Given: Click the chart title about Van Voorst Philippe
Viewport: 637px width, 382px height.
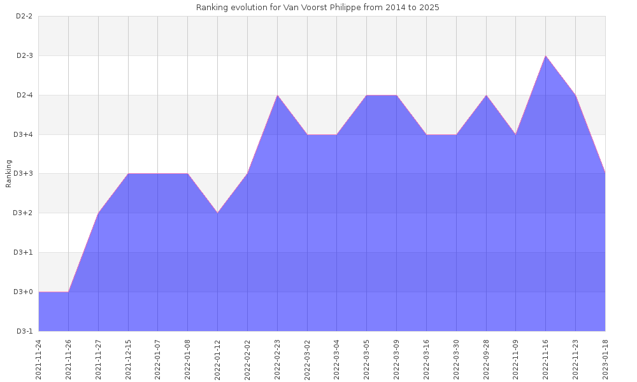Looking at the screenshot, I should (x=318, y=8).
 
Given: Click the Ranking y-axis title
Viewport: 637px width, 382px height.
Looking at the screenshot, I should (x=9, y=173).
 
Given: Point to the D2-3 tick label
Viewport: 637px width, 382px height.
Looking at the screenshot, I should (x=24, y=56).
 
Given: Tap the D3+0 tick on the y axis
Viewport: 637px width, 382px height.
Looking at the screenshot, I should (x=24, y=292).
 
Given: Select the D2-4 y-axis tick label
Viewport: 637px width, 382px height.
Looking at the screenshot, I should (x=24, y=95).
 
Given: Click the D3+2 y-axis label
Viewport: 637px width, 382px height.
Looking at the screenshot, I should (x=24, y=213).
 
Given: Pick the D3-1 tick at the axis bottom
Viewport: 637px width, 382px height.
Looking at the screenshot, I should (x=24, y=331).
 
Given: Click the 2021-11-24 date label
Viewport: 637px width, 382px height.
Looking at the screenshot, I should (x=39, y=359).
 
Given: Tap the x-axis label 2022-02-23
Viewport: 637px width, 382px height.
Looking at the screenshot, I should (x=277, y=359).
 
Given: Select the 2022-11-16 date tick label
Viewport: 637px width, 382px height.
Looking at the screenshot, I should (x=546, y=359).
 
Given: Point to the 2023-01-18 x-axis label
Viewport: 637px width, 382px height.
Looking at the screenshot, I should (x=605, y=359).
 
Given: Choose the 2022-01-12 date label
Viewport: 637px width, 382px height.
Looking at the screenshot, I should (x=218, y=359).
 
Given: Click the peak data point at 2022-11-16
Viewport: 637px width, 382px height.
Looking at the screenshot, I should (x=546, y=56).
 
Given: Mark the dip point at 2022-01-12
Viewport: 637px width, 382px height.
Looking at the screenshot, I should (x=218, y=213).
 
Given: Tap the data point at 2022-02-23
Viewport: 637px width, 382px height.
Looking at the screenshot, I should (x=277, y=95).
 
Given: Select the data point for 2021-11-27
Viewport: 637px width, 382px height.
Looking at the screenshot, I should (x=98, y=213).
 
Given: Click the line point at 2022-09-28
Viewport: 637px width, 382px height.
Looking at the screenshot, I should (x=486, y=95).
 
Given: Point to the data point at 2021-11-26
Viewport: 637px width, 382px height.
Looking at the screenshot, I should (x=68, y=292).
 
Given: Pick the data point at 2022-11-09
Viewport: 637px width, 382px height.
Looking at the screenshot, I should (x=516, y=134).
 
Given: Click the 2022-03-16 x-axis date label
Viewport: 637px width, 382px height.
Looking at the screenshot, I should (x=426, y=359).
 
